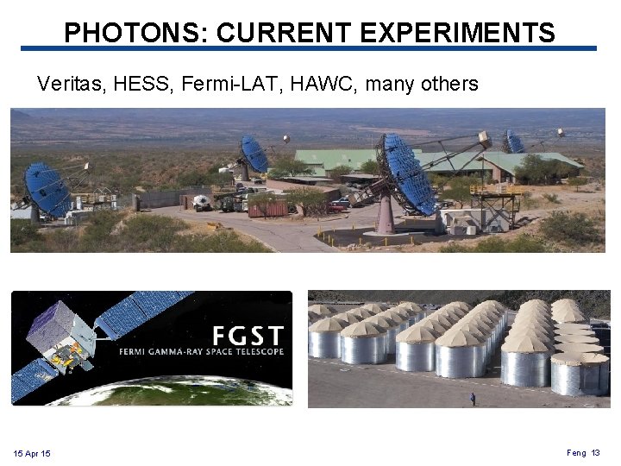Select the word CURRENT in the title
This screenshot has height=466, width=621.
(284, 33)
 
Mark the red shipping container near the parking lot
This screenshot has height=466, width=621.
(267, 207)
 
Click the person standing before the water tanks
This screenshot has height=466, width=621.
(472, 399)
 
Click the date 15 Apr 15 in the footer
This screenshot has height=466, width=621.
(32, 454)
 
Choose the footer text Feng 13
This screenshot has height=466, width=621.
(583, 452)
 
